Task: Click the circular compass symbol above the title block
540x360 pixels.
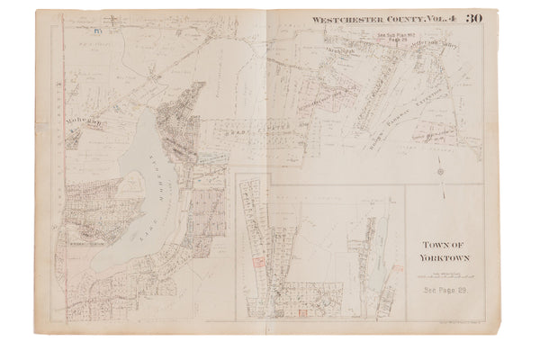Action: click(x=439, y=171)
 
